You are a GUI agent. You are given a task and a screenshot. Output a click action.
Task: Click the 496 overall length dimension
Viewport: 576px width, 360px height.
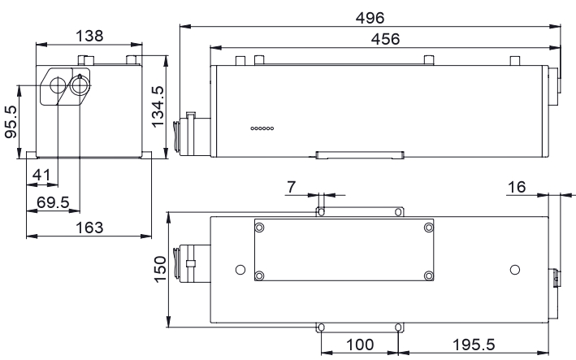click(370, 18)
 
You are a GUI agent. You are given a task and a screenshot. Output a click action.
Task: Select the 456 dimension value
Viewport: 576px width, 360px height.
click(385, 39)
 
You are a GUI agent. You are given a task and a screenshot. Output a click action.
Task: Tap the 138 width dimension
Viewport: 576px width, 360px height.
click(89, 36)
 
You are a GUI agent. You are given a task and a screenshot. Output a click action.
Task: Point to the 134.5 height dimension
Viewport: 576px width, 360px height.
click(158, 106)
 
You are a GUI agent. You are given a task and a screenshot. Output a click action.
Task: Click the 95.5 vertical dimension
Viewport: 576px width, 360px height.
click(11, 122)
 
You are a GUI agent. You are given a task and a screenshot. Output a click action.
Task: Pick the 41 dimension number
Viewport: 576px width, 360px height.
click(41, 175)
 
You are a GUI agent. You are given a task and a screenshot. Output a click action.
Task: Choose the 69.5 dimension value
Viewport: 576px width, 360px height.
click(53, 202)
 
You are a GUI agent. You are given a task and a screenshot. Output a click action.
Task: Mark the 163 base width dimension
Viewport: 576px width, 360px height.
click(89, 228)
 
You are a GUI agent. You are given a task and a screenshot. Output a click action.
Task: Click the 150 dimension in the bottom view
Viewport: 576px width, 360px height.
click(160, 269)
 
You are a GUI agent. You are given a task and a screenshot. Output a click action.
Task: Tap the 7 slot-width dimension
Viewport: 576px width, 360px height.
click(291, 187)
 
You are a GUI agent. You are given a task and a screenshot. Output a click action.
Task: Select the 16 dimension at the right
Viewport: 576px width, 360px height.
click(517, 187)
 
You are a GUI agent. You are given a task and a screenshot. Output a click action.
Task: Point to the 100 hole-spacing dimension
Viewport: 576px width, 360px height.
click(360, 345)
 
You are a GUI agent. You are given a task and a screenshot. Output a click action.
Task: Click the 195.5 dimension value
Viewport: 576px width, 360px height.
click(474, 345)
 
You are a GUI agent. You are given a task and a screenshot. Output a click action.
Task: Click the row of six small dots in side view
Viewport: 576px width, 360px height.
click(262, 128)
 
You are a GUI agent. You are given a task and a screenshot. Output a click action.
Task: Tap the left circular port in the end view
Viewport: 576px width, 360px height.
click(58, 85)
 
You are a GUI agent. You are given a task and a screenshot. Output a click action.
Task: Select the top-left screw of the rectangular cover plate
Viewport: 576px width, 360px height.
click(259, 228)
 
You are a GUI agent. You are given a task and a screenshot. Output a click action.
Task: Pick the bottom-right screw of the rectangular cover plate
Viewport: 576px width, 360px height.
click(429, 275)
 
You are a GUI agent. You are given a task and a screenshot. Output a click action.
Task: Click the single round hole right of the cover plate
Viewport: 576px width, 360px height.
click(515, 270)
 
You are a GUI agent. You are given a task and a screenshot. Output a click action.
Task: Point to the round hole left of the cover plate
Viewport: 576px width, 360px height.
click(240, 270)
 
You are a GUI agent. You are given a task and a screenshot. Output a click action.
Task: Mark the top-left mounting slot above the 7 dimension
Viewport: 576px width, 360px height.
click(321, 212)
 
